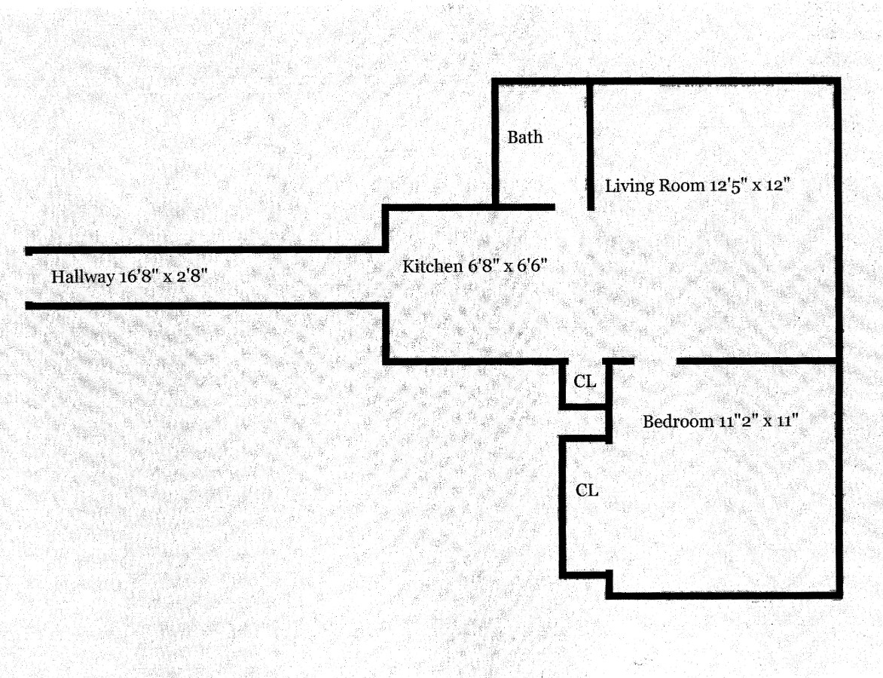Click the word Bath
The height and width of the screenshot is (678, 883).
click(x=524, y=137)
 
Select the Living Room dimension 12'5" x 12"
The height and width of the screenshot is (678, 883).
click(x=748, y=185)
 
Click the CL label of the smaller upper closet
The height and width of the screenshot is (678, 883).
click(x=585, y=381)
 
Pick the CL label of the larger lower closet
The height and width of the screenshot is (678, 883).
click(x=587, y=490)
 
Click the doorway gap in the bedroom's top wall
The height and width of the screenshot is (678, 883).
click(x=655, y=361)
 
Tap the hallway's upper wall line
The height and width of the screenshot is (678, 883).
click(x=203, y=249)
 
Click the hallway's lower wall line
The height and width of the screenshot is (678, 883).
click(x=203, y=305)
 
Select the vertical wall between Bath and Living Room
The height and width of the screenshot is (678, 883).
click(x=591, y=143)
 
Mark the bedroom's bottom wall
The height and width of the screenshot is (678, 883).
click(x=723, y=594)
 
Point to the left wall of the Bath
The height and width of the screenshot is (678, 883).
click(x=496, y=143)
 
